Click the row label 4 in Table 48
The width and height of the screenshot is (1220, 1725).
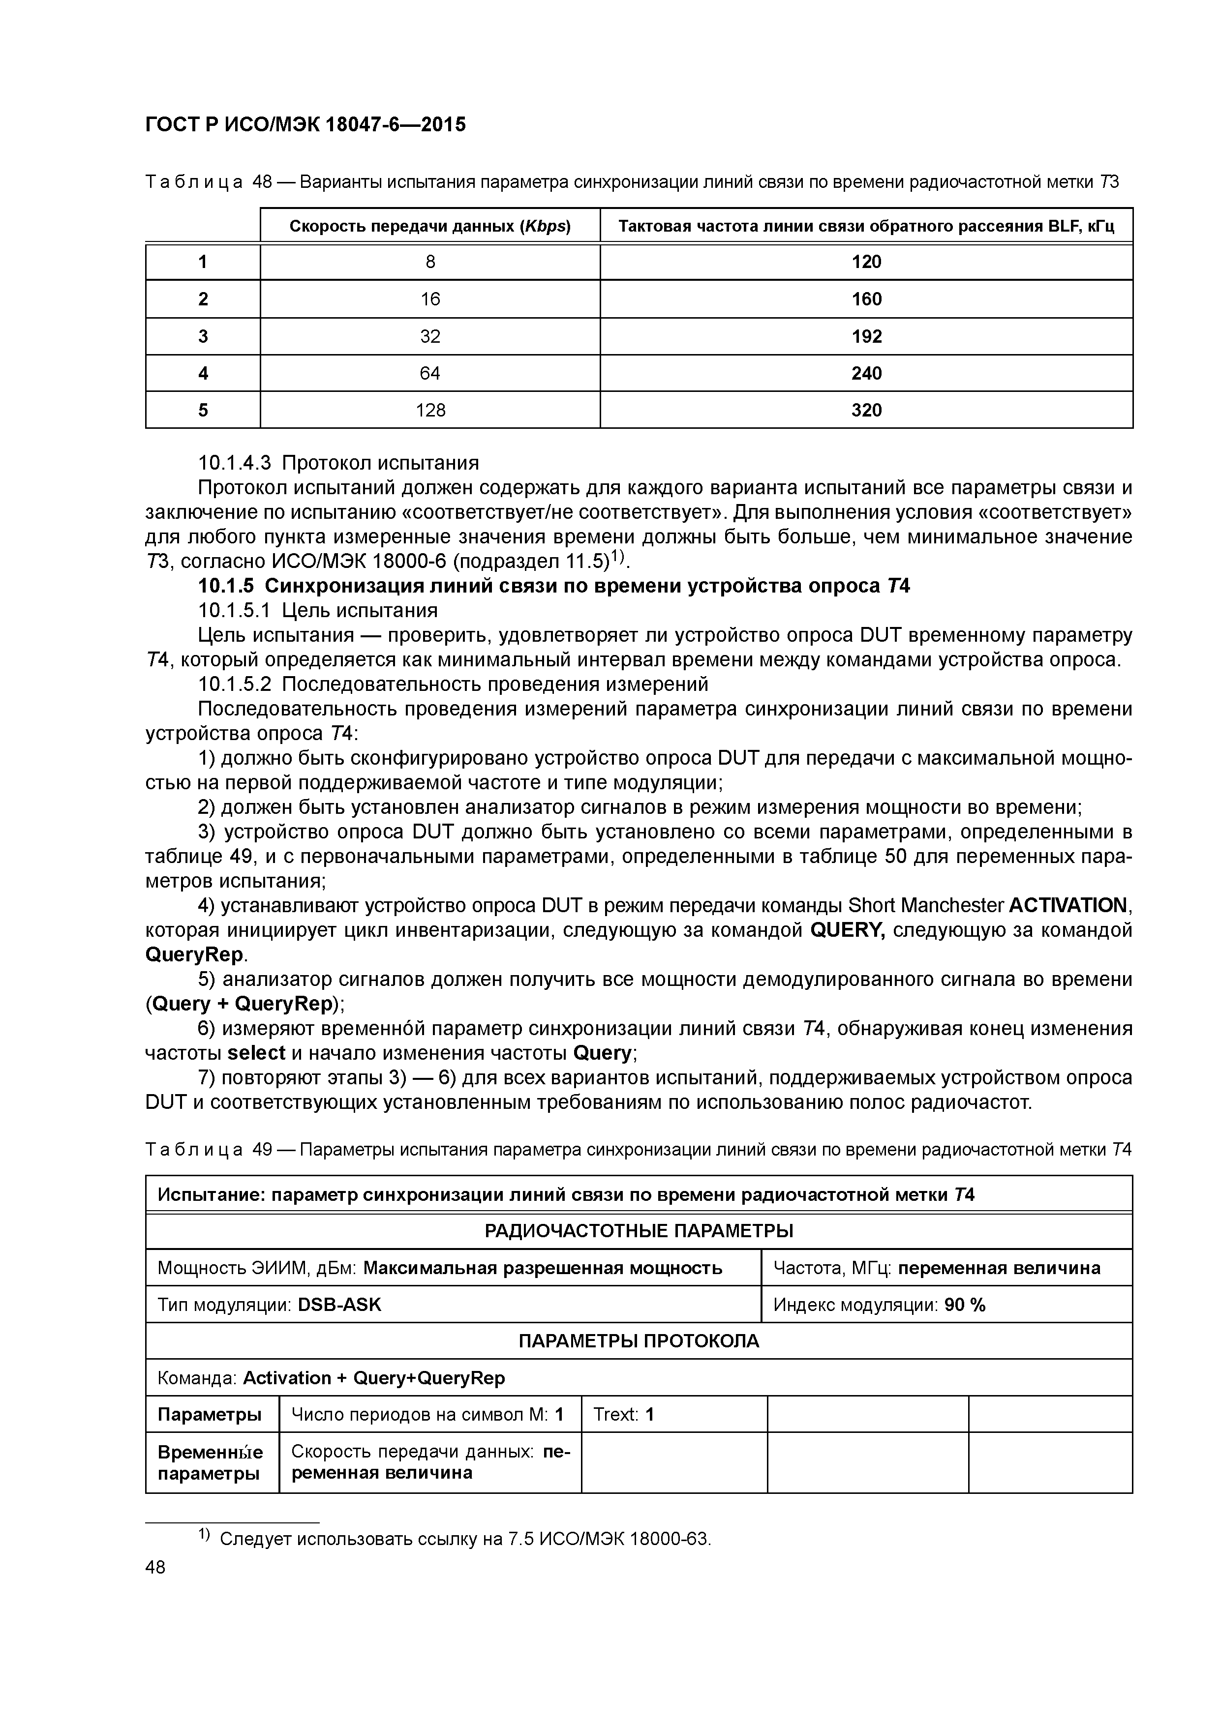coord(203,373)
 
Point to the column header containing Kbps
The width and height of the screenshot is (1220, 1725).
coord(430,226)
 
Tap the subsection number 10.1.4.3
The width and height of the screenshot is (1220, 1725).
coord(236,463)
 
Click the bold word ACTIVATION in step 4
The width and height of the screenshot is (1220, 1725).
coord(1068,906)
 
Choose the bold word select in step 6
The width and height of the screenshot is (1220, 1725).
coord(256,1053)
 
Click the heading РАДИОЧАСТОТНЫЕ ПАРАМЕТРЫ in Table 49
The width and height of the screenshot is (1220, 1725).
coord(639,1231)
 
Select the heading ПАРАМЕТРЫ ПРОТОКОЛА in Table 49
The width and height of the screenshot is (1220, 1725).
coord(639,1341)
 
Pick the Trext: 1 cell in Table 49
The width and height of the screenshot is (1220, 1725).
coord(624,1415)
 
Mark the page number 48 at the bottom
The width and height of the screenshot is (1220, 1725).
coord(155,1567)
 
